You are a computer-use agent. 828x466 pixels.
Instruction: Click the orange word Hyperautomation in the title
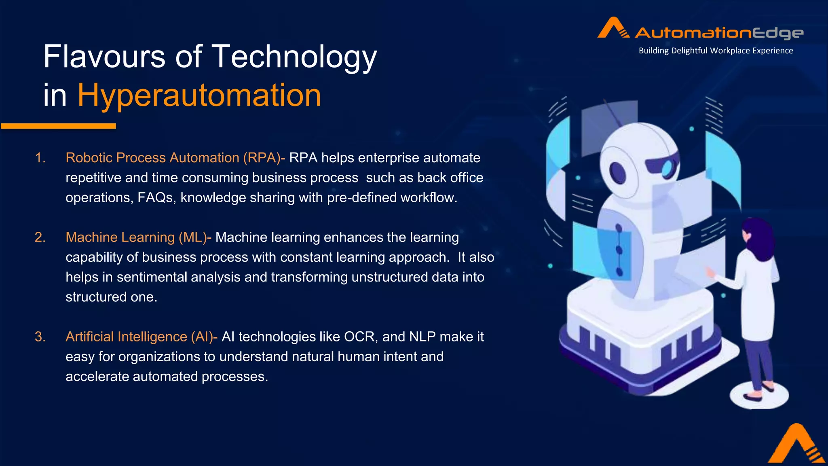click(199, 95)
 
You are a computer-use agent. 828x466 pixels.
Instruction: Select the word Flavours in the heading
click(104, 57)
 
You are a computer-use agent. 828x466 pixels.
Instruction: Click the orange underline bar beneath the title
click(59, 126)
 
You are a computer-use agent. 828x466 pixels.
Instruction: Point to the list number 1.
click(40, 158)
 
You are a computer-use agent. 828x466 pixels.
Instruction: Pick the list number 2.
click(40, 237)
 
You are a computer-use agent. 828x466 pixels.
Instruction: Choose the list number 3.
click(40, 337)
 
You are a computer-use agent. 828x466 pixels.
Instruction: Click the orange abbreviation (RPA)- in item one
click(264, 158)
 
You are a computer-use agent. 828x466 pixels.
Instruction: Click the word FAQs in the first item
click(156, 197)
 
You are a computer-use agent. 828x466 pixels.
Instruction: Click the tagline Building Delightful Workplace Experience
click(716, 51)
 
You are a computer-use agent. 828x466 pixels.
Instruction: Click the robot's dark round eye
click(618, 173)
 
